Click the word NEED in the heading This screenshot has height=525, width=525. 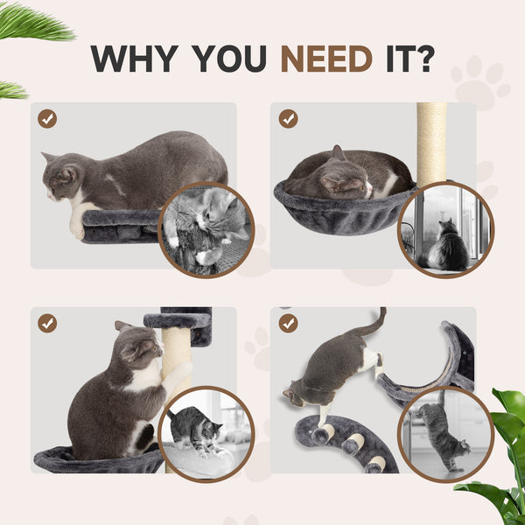tap(326, 58)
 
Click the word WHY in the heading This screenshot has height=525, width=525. tap(136, 58)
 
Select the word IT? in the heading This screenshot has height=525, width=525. tap(407, 58)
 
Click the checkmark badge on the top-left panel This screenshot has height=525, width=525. tap(47, 118)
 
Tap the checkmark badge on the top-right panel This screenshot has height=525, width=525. tap(288, 118)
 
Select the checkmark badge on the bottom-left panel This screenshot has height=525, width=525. tap(47, 323)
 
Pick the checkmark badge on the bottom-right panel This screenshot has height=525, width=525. tap(288, 323)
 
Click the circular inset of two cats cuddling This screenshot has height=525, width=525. tap(207, 227)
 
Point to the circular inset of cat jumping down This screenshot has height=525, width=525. tap(445, 433)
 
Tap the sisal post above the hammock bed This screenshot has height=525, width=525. tap(430, 140)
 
